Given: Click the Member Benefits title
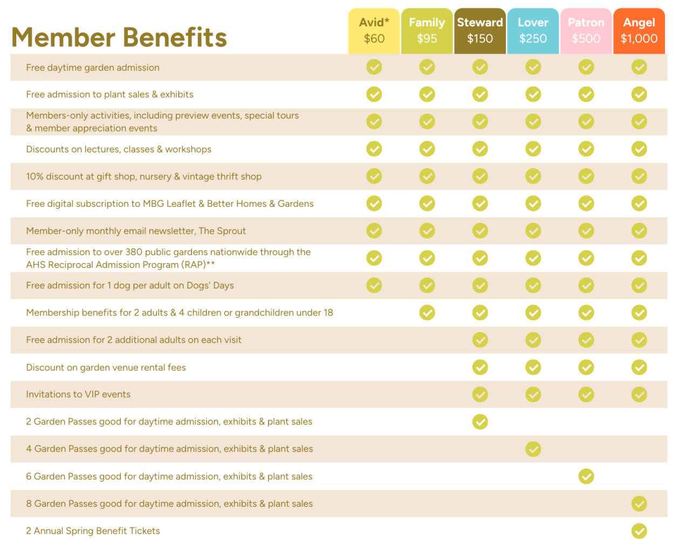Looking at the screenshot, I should click(119, 38).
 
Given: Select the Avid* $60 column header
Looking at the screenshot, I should click(374, 31).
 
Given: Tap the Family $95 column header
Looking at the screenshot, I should click(427, 31).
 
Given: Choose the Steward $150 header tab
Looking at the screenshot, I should click(480, 31).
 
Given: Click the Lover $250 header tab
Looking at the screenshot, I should click(533, 31).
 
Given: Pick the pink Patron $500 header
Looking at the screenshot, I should click(586, 31).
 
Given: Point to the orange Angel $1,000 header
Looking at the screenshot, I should click(639, 31).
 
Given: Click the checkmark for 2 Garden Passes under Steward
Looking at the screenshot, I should click(480, 422).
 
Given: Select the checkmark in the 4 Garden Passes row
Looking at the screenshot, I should click(533, 449).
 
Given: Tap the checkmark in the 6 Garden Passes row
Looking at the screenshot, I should click(586, 477).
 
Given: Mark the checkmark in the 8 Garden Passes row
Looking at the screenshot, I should click(639, 503).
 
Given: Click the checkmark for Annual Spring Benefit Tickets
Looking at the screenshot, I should click(639, 531).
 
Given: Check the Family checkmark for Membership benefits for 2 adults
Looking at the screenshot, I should click(427, 313).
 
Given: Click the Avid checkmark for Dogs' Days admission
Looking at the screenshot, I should click(374, 285).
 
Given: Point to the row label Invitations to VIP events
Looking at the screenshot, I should click(78, 395).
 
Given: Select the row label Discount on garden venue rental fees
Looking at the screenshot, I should click(106, 368).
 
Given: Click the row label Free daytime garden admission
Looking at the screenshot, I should click(93, 68).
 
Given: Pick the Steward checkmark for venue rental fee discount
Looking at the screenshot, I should click(480, 367).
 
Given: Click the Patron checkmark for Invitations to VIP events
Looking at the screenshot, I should click(586, 395).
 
